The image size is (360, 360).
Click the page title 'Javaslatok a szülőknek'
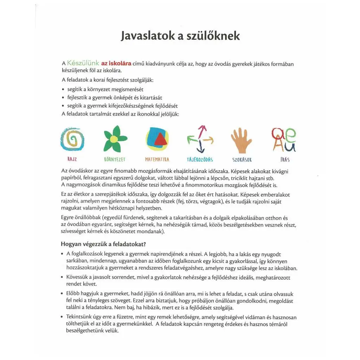180,36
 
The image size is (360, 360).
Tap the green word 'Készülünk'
83,63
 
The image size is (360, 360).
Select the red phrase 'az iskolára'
116,63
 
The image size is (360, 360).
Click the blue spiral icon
72,140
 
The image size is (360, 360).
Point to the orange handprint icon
241,140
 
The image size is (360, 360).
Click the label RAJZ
72,160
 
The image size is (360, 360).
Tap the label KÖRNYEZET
115,160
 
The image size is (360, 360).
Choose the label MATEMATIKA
157,160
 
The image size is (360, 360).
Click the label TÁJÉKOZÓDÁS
200,160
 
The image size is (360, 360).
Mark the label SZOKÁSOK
242,160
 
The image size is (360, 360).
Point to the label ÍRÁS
285,160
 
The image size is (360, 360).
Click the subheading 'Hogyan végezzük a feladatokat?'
104,244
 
